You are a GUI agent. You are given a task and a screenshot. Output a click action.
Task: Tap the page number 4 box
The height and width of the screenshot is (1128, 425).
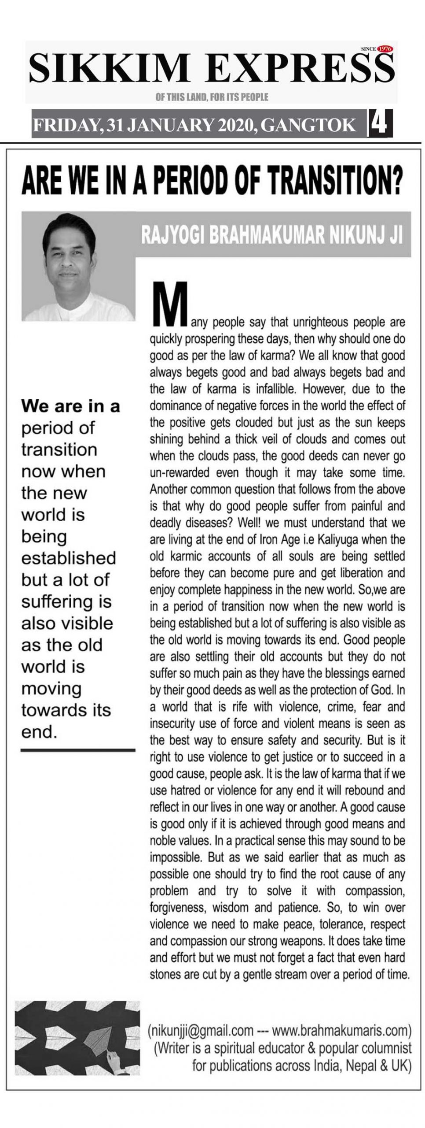[379, 124]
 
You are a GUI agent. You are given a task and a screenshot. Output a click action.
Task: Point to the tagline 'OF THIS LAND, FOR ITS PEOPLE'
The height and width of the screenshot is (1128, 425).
[212, 97]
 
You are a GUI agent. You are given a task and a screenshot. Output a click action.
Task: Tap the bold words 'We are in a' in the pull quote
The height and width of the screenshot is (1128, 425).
[70, 406]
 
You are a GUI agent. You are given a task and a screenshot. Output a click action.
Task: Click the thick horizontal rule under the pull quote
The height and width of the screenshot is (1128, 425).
[77, 750]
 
